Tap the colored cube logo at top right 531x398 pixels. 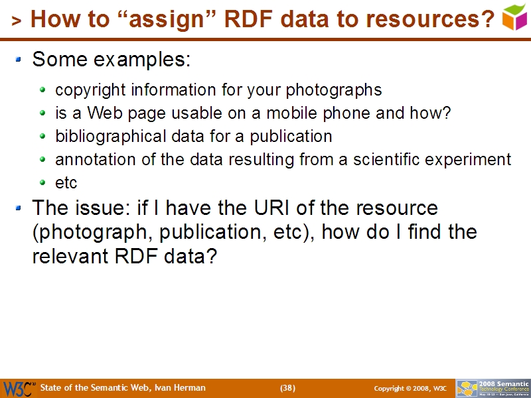pos(515,17)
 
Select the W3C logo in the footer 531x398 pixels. pos(18,388)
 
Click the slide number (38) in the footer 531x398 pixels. pos(287,388)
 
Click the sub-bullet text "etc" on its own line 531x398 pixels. pos(66,183)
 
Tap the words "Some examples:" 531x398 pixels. pos(112,60)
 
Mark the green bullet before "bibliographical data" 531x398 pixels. pos(44,137)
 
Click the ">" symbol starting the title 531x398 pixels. pos(17,22)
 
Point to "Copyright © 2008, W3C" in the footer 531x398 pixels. pos(410,388)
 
